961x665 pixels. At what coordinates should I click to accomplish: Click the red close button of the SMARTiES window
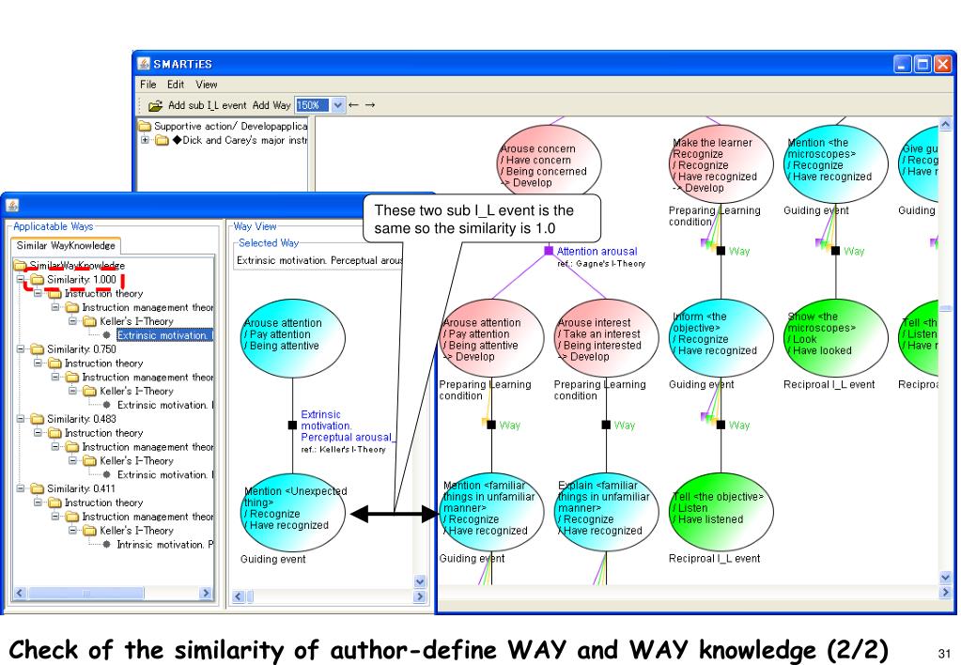pyautogui.click(x=941, y=65)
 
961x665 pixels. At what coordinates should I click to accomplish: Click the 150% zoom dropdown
pyautogui.click(x=321, y=105)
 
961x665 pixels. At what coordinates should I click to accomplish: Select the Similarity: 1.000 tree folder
pyautogui.click(x=79, y=280)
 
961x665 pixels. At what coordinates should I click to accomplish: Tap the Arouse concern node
pyautogui.click(x=548, y=161)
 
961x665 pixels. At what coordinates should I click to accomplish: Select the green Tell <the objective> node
pyautogui.click(x=720, y=508)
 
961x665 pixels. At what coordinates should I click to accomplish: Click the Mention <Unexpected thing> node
pyautogui.click(x=292, y=511)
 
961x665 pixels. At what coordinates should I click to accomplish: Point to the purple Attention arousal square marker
pyautogui.click(x=549, y=251)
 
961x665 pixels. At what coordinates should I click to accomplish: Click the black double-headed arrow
pyautogui.click(x=394, y=513)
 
